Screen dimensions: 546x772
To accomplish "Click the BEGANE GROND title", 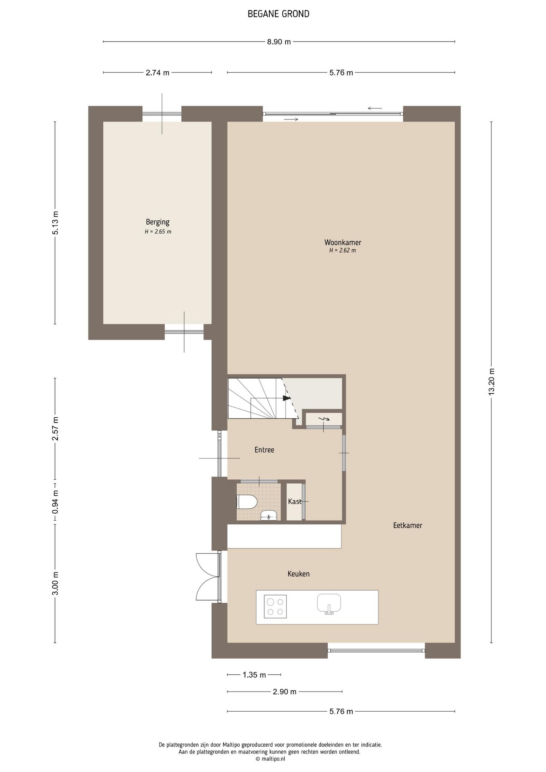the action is [278, 14].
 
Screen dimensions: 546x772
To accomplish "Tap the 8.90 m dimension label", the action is [279, 42].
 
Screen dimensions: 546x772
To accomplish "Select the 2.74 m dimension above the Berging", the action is [158, 73].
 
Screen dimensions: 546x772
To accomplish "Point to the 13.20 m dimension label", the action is [491, 382].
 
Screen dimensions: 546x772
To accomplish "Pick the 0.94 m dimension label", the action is [55, 501].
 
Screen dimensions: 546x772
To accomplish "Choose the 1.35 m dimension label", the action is [254, 675].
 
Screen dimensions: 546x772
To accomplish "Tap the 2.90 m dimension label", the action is [285, 692].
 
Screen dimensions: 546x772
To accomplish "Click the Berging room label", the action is [158, 222].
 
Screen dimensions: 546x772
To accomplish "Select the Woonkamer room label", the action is [343, 242].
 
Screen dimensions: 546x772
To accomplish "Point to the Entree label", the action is [264, 450].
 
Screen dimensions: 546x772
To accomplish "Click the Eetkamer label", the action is [408, 526].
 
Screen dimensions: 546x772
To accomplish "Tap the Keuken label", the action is [298, 574].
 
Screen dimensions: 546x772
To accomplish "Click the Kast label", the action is [295, 501].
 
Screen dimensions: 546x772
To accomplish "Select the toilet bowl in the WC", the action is [247, 502].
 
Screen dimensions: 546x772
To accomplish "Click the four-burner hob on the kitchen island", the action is [275, 606].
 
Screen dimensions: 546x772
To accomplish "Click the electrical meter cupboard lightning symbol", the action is [324, 419].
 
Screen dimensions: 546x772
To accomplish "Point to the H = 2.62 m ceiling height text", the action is [343, 250].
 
